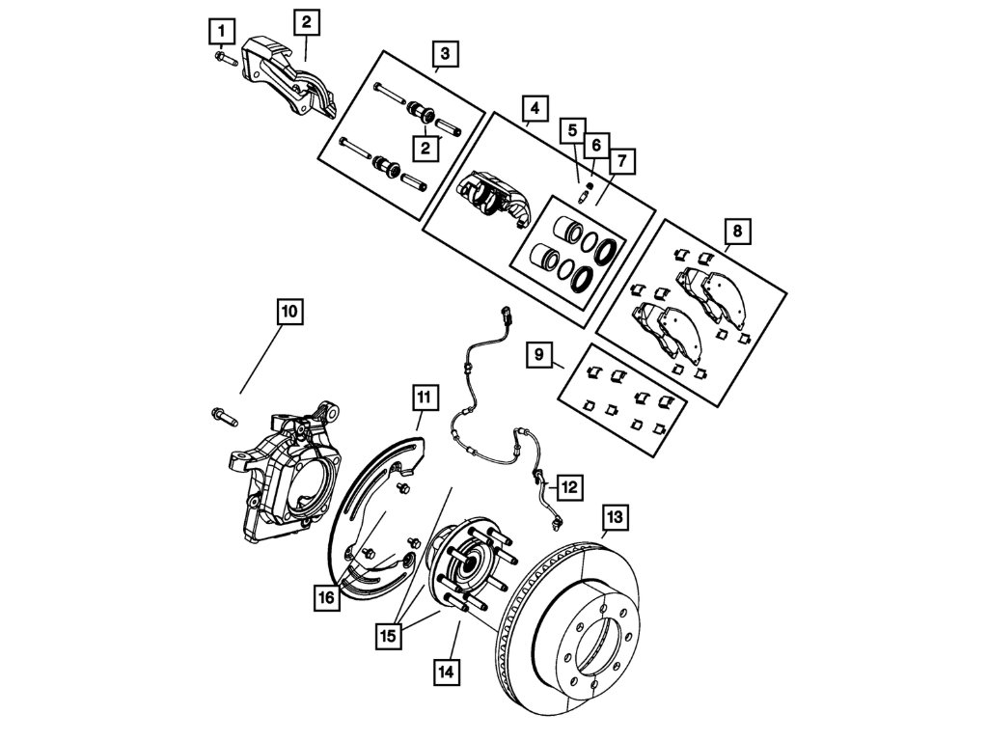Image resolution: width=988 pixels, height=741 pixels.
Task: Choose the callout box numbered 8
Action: point(737,232)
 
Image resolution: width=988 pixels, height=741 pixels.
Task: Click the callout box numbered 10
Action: point(288,312)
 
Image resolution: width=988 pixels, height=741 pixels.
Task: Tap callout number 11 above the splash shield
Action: point(425,397)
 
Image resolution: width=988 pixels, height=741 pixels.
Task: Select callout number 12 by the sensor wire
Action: point(569,487)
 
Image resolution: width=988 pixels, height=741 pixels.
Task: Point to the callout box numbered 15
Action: point(389,634)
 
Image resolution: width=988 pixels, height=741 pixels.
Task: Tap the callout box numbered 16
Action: point(326,598)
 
